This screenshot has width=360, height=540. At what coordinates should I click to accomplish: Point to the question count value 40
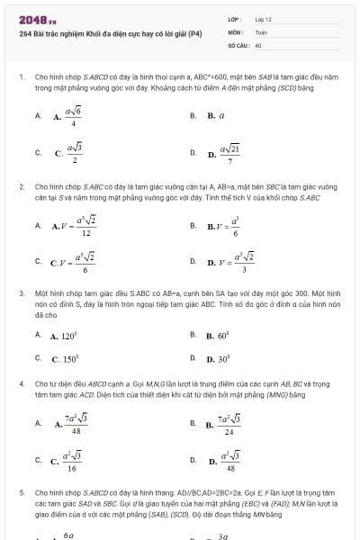click(258, 44)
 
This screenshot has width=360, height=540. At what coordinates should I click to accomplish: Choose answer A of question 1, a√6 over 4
click(69, 116)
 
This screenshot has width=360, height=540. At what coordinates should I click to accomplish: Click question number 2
click(22, 185)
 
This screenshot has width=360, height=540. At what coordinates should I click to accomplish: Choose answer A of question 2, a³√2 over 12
click(76, 227)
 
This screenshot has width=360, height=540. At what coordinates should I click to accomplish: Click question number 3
click(22, 293)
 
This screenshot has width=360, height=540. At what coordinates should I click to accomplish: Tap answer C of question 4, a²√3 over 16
click(71, 461)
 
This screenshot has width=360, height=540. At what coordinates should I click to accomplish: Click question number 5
click(22, 493)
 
